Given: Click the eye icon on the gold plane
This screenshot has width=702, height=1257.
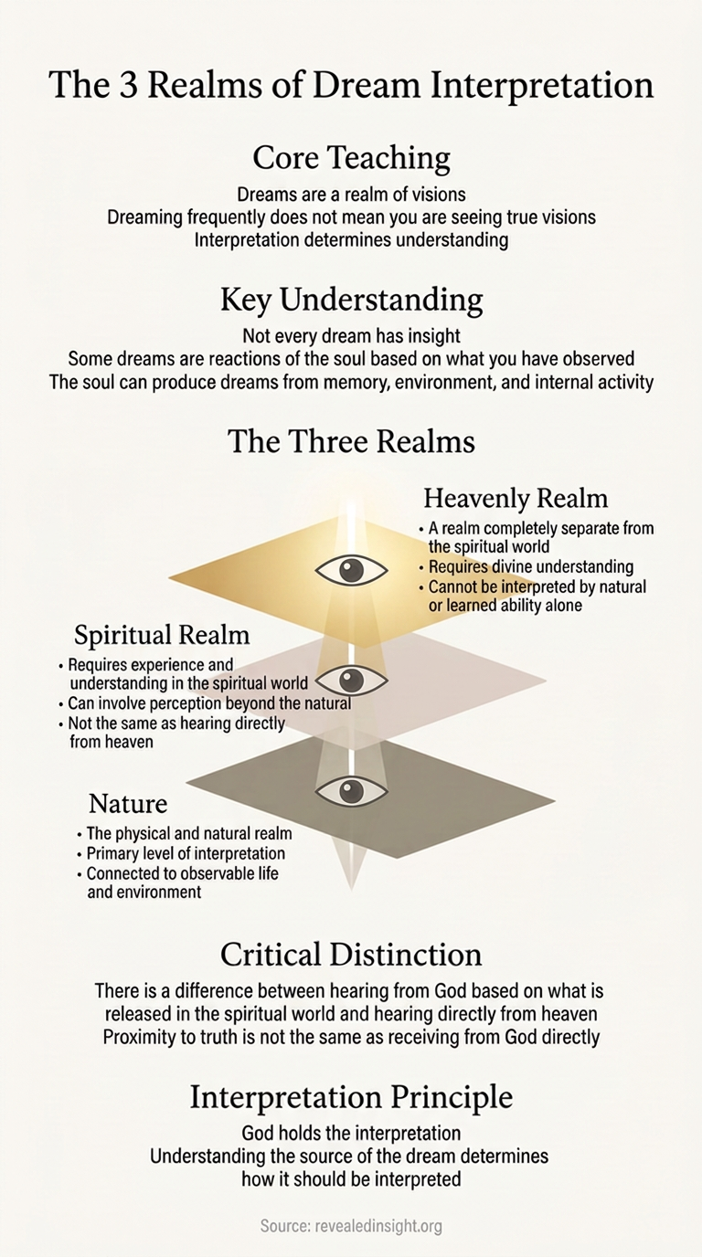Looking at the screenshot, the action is [352, 571].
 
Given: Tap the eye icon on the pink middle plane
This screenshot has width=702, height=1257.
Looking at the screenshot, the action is [352, 681].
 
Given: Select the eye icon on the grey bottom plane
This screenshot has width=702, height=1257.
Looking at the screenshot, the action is [352, 790].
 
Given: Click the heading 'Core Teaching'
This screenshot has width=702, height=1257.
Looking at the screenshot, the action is [352, 158].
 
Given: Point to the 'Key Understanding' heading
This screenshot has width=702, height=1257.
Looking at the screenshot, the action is [352, 300].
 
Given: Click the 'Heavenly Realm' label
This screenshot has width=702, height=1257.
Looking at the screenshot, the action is [516, 498].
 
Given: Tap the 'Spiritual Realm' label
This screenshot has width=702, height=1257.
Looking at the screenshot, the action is [162, 636].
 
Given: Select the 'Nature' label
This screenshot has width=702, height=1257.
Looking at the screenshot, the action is [128, 804].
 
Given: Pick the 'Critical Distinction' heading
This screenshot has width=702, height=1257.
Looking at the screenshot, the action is [351, 955].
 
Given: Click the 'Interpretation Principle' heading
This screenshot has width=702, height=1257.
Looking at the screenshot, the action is [351, 1097].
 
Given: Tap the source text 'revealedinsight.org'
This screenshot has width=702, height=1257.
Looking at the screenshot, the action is [378, 1226].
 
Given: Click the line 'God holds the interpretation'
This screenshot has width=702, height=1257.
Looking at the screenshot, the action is [351, 1133].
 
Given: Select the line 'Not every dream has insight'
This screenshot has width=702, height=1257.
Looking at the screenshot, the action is [351, 336].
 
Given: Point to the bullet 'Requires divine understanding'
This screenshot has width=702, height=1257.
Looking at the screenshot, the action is [531, 566].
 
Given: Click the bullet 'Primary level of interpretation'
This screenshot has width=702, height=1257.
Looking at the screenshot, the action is [186, 853].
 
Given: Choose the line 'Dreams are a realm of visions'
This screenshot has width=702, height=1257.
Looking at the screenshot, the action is [351, 195].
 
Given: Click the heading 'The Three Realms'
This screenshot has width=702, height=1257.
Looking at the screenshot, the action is [351, 441].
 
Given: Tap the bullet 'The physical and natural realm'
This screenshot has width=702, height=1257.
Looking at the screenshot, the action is [189, 833].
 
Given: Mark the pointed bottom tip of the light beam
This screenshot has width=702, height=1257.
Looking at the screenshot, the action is [352, 891].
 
